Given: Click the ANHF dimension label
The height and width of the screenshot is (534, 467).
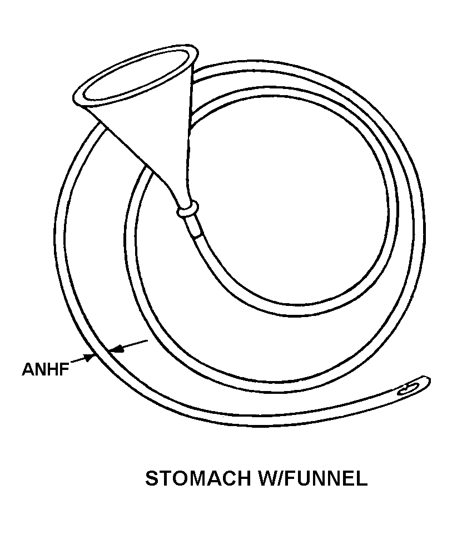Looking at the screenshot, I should click(46, 369).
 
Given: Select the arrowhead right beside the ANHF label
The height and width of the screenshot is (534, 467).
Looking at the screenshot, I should click(88, 357).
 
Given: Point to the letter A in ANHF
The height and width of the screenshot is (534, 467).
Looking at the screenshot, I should click(28, 369).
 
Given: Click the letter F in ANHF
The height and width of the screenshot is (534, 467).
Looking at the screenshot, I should click(64, 369).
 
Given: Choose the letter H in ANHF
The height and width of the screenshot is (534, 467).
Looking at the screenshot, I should click(52, 369).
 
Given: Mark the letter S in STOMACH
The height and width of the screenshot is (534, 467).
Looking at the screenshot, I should click(152, 478).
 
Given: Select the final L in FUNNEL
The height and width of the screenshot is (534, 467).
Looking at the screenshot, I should click(362, 478).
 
